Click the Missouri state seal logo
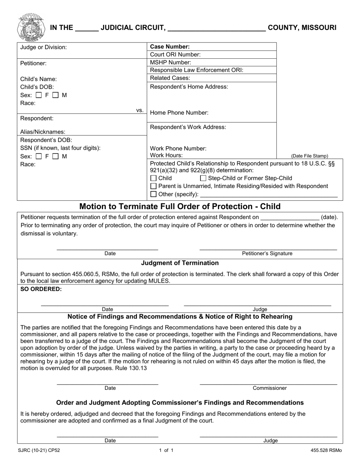[30, 27]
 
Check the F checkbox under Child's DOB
[39, 95]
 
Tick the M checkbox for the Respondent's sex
[55, 156]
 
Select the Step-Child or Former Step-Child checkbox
[203, 178]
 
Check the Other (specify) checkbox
[153, 194]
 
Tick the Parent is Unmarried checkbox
[153, 186]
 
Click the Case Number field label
[170, 47]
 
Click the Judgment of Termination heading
[180, 263]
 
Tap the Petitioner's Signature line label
[267, 253]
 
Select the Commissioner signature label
[270, 388]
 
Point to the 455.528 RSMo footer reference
[326, 450]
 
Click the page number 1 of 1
[166, 450]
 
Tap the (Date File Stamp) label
[310, 156]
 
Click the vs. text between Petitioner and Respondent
[140, 110]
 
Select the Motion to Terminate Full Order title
[180, 206]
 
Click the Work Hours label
[166, 155]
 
